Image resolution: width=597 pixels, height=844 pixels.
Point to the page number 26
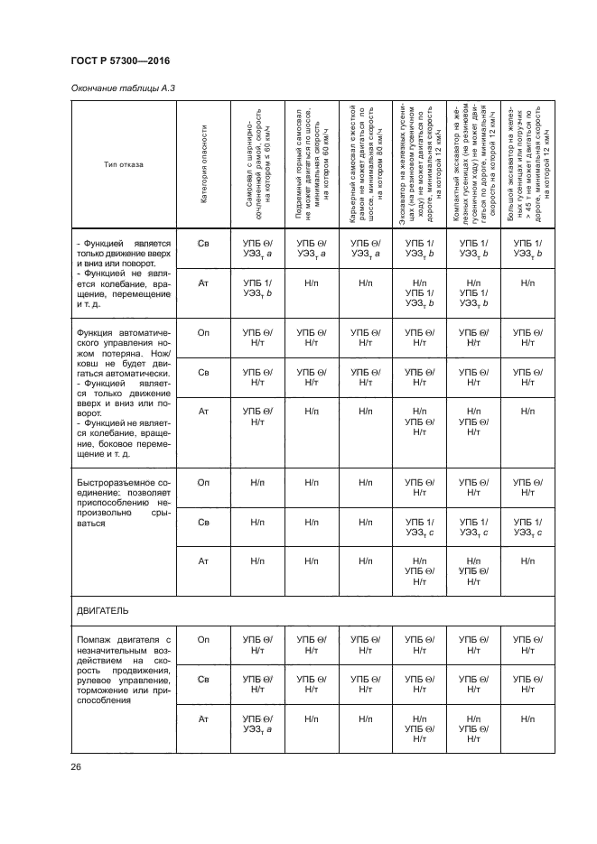coord(76,767)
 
